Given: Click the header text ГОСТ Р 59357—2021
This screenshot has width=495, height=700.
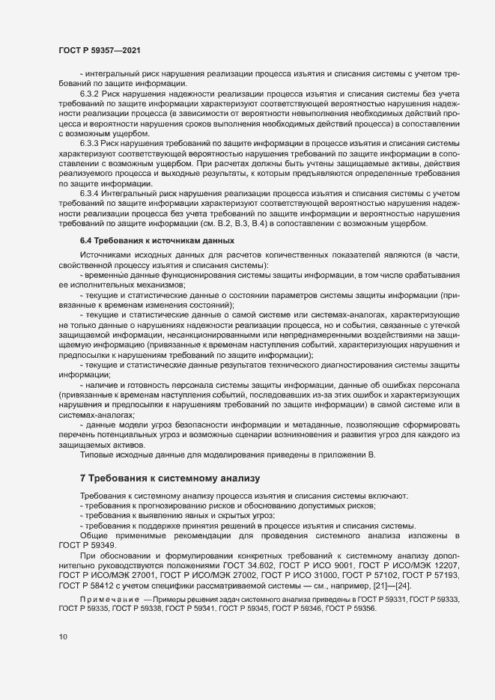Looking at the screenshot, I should [98, 49].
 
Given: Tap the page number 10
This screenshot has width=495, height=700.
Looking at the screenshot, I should [63, 636].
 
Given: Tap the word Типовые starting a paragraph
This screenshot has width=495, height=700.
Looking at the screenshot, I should [97, 455].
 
